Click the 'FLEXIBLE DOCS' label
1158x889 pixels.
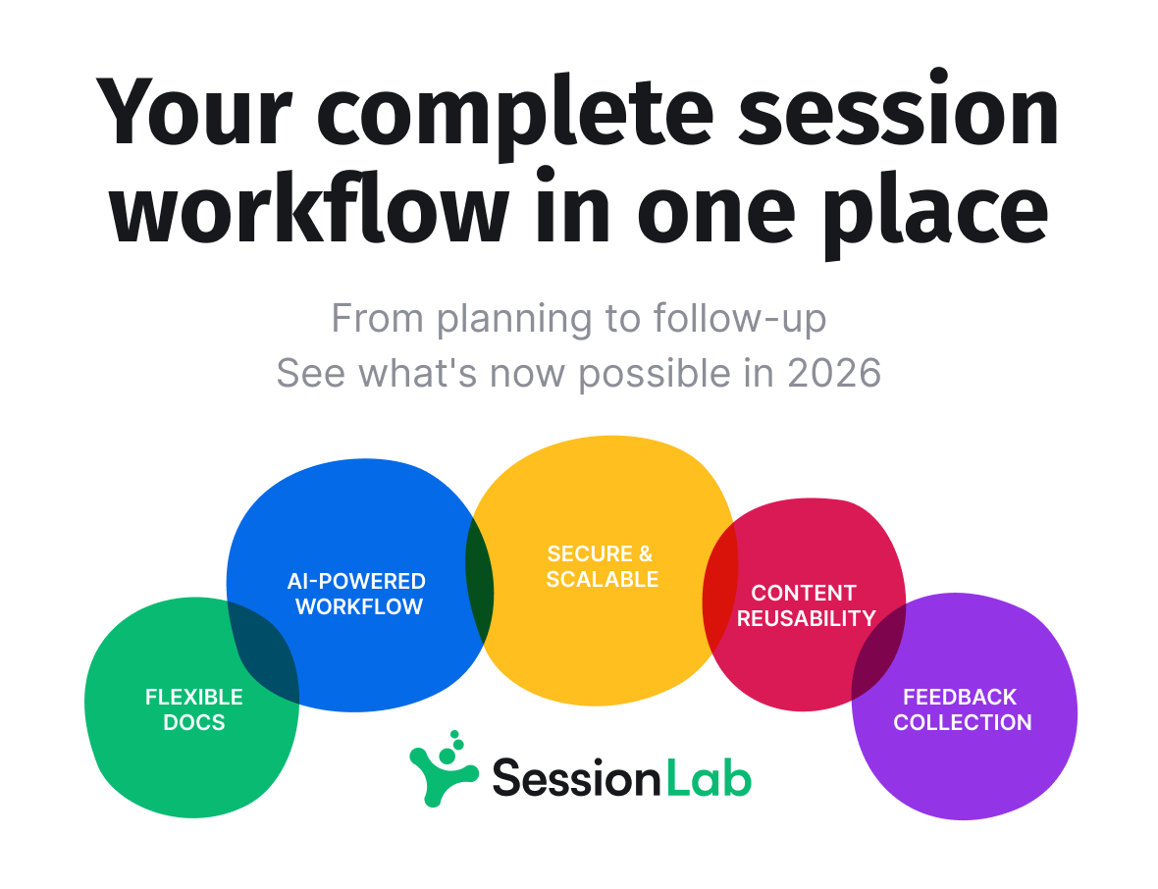pyautogui.click(x=194, y=709)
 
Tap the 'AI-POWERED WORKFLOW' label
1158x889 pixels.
pyautogui.click(x=357, y=594)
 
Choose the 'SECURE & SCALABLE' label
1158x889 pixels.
pyautogui.click(x=602, y=566)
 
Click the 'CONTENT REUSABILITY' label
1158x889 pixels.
pyautogui.click(x=805, y=605)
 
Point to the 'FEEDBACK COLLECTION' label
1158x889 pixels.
pyautogui.click(x=962, y=709)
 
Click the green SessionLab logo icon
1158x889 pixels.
pyautogui.click(x=443, y=769)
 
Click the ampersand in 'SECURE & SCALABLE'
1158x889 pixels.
pyautogui.click(x=642, y=553)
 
